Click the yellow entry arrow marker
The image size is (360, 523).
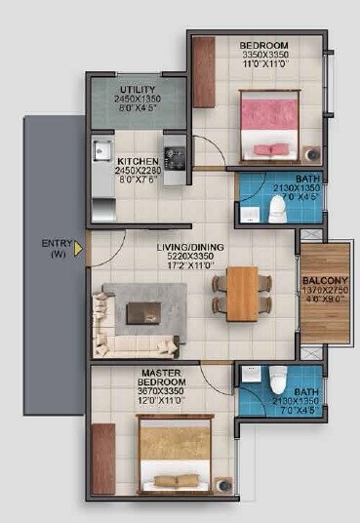point(78,249)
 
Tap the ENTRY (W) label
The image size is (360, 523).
point(54,249)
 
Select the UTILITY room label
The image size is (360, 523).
point(138,90)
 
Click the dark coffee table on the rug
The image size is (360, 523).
point(143,312)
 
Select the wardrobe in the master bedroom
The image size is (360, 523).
point(102,458)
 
